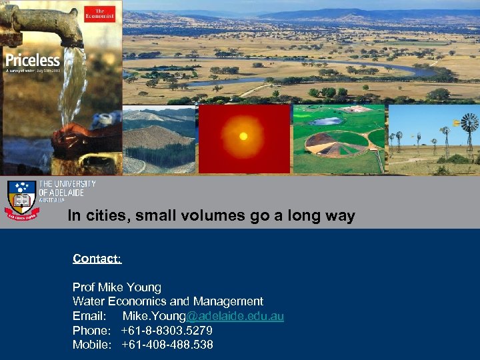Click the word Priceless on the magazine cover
(32, 60)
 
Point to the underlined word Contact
(97, 258)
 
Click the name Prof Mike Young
(117, 287)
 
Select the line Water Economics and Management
(168, 301)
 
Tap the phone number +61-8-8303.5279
(167, 331)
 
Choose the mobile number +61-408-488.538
(167, 345)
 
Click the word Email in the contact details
(89, 316)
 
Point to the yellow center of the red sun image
(243, 136)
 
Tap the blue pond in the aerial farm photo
(327, 121)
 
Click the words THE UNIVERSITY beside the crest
(67, 184)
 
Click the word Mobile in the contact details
(91, 345)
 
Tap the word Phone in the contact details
(91, 331)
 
